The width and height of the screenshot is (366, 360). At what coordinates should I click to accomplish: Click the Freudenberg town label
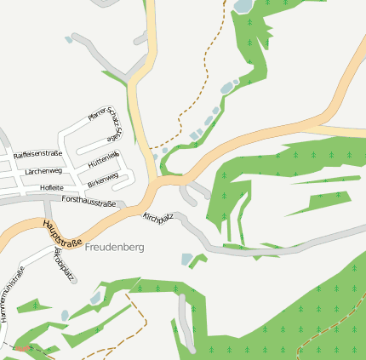pyautogui.click(x=115, y=247)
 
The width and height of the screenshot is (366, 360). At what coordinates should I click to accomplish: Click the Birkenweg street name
pyautogui.click(x=102, y=181)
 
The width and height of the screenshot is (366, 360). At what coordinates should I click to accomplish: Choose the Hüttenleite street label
pyautogui.click(x=102, y=159)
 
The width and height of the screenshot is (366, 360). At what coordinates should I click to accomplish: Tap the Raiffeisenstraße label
pyautogui.click(x=38, y=154)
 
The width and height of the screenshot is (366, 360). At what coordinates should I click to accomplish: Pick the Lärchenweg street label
pyautogui.click(x=44, y=171)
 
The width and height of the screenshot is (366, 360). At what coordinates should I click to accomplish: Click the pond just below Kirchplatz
pyautogui.click(x=187, y=259)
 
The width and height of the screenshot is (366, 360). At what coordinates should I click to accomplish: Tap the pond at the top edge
pyautogui.click(x=243, y=6)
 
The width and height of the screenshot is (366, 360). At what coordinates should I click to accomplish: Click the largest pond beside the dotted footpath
pyautogui.click(x=226, y=87)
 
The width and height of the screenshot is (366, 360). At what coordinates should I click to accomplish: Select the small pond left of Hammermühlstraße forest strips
pyautogui.click(x=65, y=315)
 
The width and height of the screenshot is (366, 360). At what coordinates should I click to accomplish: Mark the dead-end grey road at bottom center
pyautogui.click(x=186, y=323)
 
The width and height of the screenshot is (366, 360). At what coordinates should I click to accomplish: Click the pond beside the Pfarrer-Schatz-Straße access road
pyautogui.click(x=68, y=39)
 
